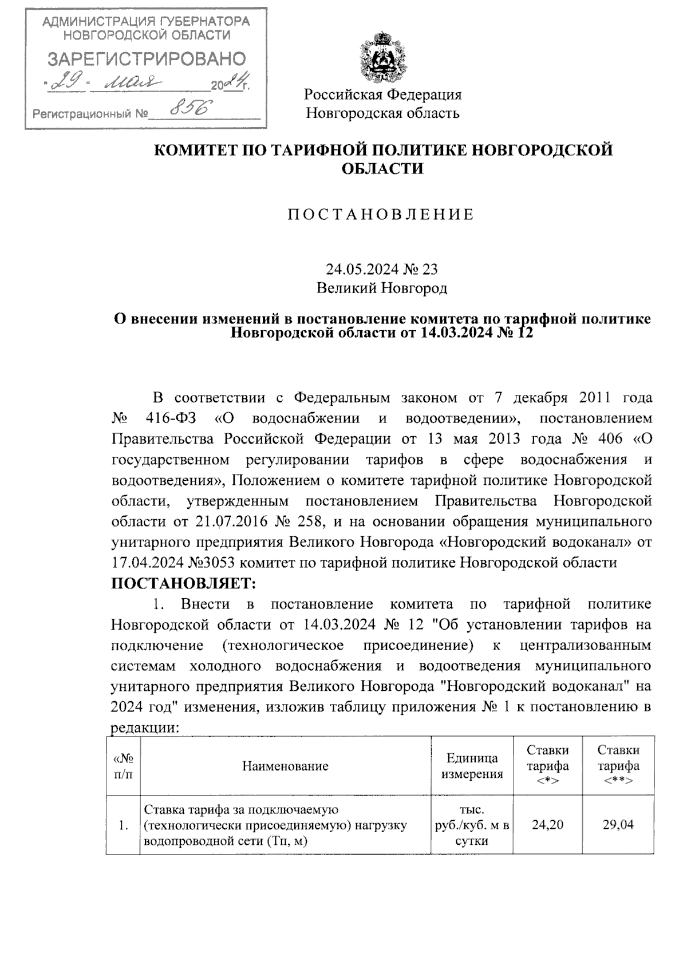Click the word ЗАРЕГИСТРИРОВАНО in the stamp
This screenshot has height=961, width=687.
pyautogui.click(x=147, y=59)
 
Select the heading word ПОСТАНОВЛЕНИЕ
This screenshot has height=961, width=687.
pyautogui.click(x=381, y=215)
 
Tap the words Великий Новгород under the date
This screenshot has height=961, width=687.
pyautogui.click(x=382, y=288)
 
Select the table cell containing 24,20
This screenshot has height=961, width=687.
pyautogui.click(x=547, y=825)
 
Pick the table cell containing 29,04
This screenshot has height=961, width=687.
pyautogui.click(x=618, y=825)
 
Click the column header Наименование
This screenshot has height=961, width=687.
pyautogui.click(x=285, y=766)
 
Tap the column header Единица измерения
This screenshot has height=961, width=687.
pyautogui.click(x=471, y=766)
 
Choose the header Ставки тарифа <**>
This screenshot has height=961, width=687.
pyautogui.click(x=618, y=765)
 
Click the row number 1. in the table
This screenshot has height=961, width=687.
pyautogui.click(x=123, y=825)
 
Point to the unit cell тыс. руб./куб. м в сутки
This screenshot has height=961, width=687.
pyautogui.click(x=471, y=825)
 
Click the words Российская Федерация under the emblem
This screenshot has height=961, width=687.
pyautogui.click(x=382, y=94)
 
